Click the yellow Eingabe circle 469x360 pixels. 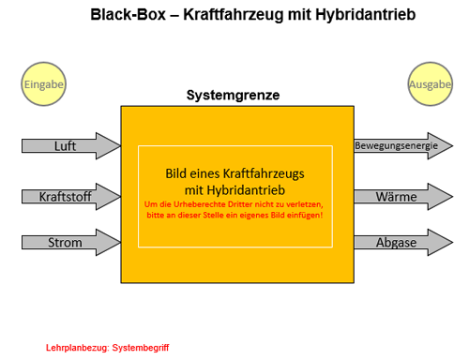coord(43,83)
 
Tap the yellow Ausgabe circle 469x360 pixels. coord(431,83)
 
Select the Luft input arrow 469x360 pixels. coord(71,146)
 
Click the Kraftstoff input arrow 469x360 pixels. coord(71,197)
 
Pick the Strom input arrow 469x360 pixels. coord(71,243)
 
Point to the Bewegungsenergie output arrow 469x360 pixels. coord(403,146)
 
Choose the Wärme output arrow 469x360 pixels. coord(403,197)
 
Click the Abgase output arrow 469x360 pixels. coord(403,243)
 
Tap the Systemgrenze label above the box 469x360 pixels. coord(233,96)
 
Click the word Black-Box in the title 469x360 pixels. coord(128,15)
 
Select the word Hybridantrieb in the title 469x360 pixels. coord(365,15)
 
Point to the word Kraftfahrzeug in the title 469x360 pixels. coord(233,15)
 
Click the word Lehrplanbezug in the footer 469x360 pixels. coord(78,348)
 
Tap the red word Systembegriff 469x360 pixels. coord(141,348)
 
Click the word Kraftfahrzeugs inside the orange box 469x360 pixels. coord(264,173)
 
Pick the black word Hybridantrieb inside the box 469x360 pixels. coord(246,190)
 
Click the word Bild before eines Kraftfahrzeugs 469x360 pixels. coord(176,173)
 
